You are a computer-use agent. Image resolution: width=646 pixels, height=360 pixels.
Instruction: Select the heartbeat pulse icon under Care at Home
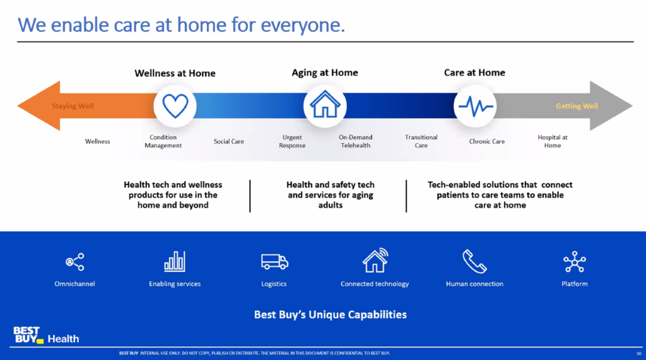(476, 107)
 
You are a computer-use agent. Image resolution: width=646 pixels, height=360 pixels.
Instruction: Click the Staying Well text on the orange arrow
(73, 106)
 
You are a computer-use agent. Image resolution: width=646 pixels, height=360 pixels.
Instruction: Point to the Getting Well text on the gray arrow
(577, 106)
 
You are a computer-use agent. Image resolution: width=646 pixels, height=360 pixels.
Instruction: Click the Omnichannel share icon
(75, 262)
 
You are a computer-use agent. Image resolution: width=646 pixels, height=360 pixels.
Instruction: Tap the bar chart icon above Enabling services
(175, 262)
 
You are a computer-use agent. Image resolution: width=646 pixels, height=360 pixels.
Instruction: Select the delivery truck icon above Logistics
(274, 262)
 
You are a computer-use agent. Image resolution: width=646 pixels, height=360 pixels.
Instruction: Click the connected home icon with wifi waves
(375, 260)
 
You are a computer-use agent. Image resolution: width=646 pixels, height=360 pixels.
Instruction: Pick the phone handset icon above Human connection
(474, 261)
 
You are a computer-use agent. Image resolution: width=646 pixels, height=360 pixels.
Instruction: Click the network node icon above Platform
(574, 262)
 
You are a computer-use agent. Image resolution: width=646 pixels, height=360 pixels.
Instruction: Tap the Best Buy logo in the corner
(28, 335)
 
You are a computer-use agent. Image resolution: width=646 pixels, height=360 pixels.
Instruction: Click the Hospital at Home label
(553, 141)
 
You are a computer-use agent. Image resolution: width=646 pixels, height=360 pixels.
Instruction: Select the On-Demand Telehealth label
(356, 141)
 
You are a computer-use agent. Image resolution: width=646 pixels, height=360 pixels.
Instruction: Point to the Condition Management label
(163, 141)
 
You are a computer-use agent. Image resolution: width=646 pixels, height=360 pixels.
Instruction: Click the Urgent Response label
(292, 141)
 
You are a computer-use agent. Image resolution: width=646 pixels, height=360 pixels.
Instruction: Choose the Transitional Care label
(421, 141)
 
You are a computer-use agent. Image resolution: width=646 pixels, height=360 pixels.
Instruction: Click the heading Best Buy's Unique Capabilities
(331, 315)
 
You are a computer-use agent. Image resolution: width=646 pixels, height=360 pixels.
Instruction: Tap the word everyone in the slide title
(303, 26)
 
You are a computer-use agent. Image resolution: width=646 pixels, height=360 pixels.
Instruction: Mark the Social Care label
(228, 141)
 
